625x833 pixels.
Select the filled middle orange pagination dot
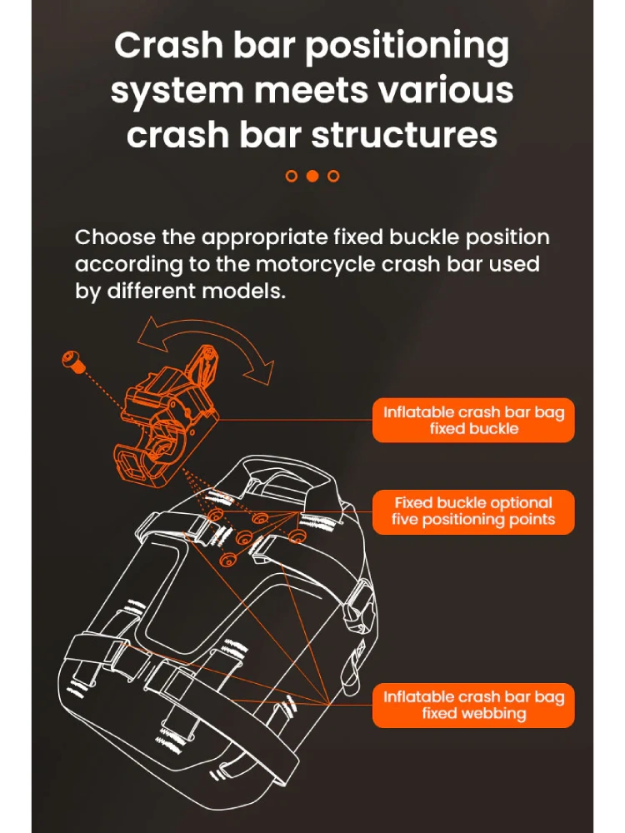(312, 176)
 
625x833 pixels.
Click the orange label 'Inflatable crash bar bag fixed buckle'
(473, 421)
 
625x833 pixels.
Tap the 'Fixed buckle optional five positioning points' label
(473, 512)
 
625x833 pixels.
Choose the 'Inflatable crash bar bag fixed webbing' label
(473, 705)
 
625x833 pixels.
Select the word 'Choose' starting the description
(114, 237)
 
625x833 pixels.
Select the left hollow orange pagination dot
(291, 176)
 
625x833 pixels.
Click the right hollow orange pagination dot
(333, 176)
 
